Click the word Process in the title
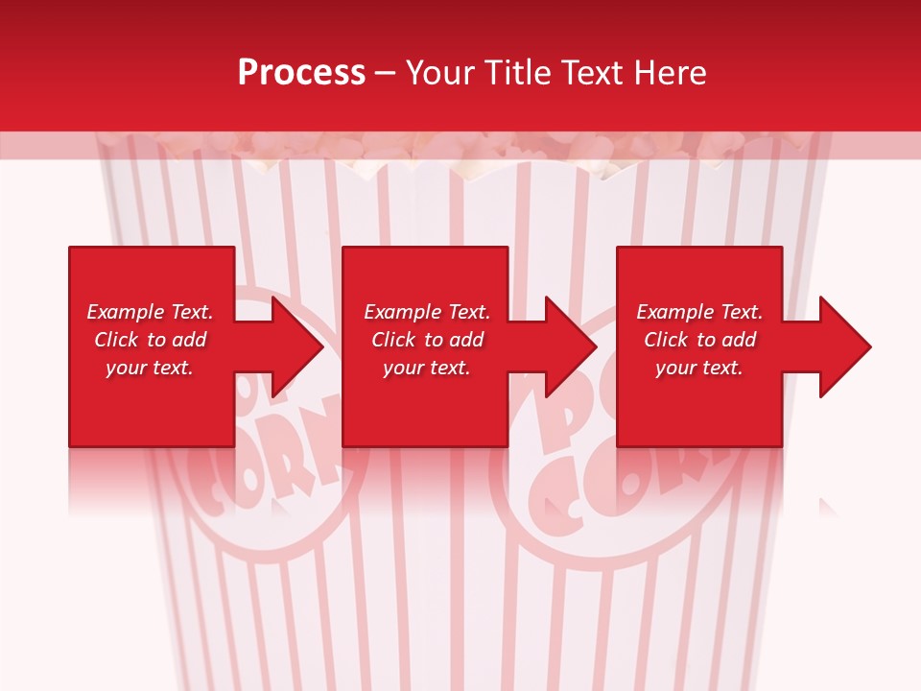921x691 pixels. (x=301, y=73)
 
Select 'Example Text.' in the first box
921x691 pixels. (x=150, y=312)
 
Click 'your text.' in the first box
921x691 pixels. (x=150, y=368)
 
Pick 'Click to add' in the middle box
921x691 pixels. (x=427, y=340)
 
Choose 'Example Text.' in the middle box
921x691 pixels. (x=427, y=312)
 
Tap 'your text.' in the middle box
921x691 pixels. (x=427, y=368)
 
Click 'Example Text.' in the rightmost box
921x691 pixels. (x=699, y=312)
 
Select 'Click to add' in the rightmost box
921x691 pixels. (x=699, y=340)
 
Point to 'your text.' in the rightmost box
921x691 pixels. (x=699, y=368)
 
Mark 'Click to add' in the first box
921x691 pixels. (x=150, y=340)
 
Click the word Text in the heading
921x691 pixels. (x=595, y=73)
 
